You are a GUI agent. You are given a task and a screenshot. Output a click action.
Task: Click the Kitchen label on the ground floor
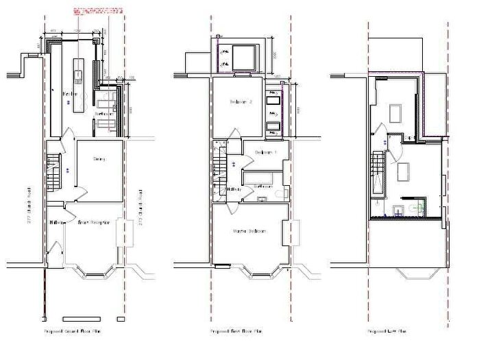(x=69, y=93)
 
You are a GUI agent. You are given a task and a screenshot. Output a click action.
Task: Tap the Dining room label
(x=100, y=159)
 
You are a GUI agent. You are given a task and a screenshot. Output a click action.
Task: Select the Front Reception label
(x=94, y=223)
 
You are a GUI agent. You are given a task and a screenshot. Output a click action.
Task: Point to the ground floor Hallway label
(x=56, y=222)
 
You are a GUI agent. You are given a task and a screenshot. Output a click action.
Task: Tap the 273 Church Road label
(x=140, y=206)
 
